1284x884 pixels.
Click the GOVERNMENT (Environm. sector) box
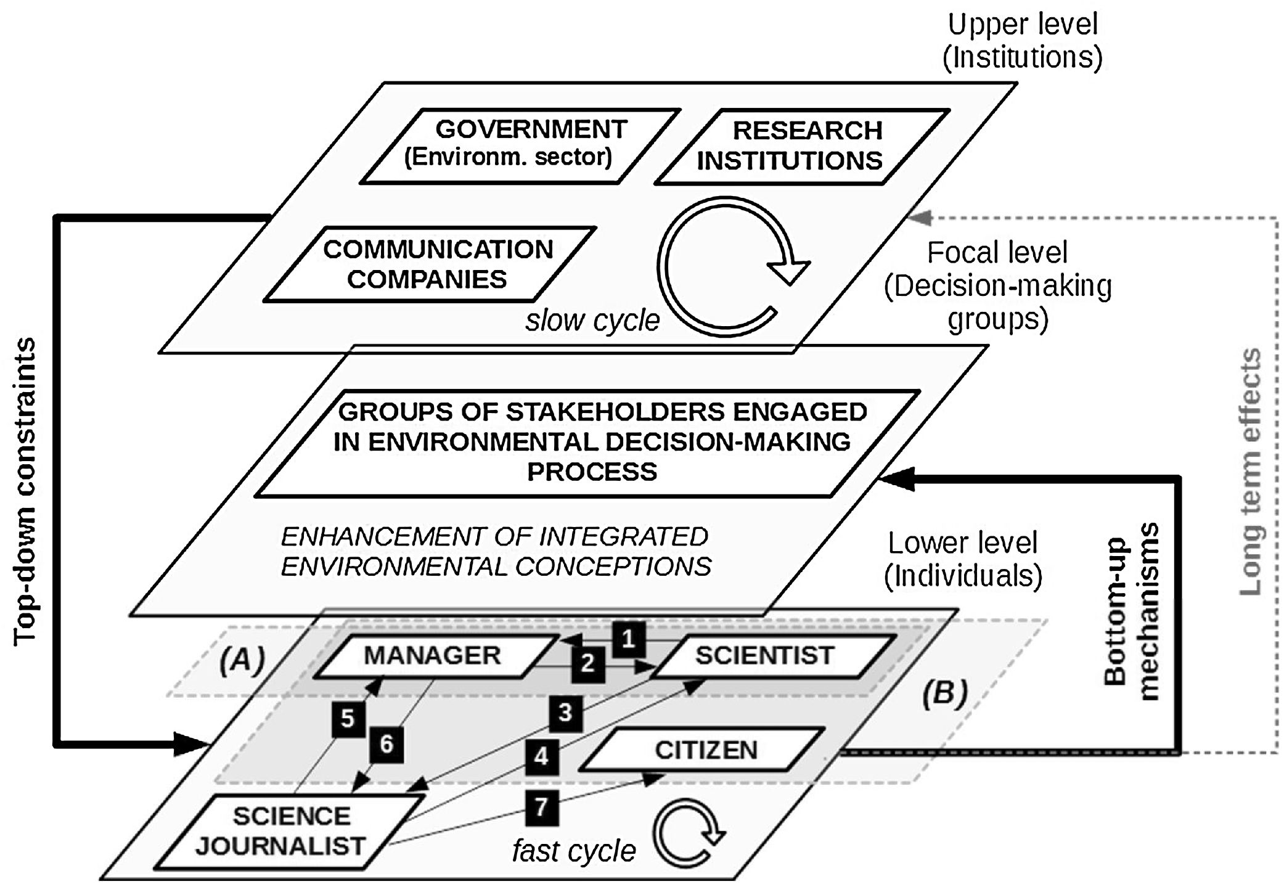coord(520,145)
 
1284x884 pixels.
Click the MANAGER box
coord(433,656)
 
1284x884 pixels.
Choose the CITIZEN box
coord(703,750)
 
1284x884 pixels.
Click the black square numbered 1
coord(628,639)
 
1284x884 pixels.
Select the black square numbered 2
coord(587,664)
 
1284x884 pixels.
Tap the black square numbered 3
coord(565,713)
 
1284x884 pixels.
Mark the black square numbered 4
coord(541,756)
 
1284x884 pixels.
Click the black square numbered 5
coord(348,719)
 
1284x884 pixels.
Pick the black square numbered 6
coord(386,744)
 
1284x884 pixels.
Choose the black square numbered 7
coord(541,808)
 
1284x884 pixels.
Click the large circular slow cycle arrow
coord(727,267)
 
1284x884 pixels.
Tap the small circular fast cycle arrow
coord(686,833)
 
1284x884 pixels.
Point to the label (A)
coord(242,660)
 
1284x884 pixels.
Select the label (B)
coord(944,694)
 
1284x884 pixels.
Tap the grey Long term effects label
coord(1250,472)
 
